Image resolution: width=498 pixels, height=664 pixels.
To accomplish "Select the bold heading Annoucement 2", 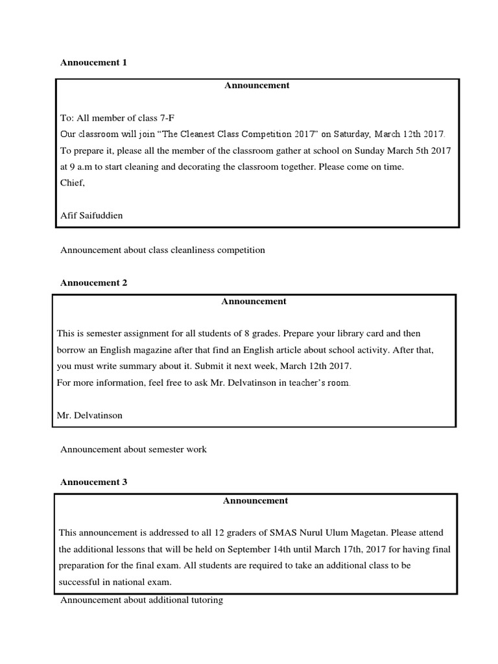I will point(94,283).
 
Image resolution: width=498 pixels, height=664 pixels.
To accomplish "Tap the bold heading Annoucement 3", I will point(94,482).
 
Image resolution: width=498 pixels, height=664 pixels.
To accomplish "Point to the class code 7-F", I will point(167,117).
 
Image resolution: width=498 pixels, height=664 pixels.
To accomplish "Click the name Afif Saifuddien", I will point(91,216).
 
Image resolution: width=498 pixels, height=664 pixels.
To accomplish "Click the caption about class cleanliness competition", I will point(163,250).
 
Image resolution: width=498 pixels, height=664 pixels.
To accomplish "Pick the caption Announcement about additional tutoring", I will point(141,600).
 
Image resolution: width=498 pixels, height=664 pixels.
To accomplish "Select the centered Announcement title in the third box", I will point(255,501).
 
